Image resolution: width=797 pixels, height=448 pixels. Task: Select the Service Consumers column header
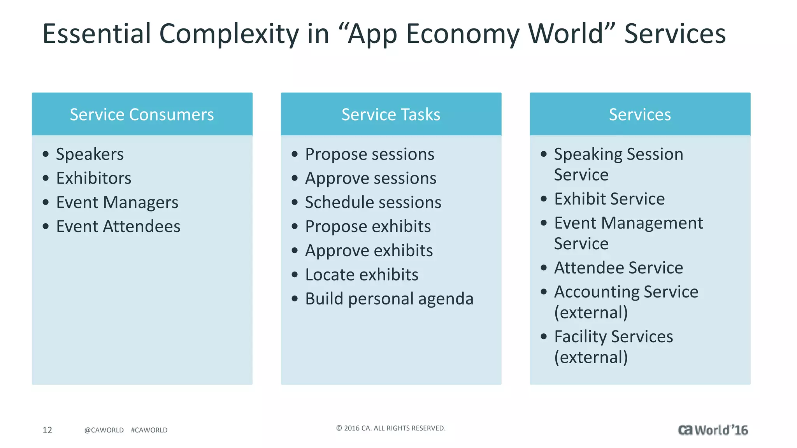click(142, 114)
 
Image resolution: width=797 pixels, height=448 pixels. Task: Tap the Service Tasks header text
click(391, 114)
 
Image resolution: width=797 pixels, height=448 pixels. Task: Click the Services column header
click(640, 114)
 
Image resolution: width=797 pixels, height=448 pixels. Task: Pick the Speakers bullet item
click(90, 154)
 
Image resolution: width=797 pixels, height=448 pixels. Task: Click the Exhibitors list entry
click(94, 178)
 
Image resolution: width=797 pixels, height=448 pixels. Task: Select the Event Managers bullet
click(117, 203)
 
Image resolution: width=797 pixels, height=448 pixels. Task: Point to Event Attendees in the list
click(118, 227)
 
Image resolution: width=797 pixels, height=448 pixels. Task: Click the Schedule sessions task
click(373, 203)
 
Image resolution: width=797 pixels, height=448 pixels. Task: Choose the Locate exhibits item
click(362, 275)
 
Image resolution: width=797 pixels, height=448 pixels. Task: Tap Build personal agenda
click(389, 299)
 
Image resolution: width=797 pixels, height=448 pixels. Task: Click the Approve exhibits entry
click(369, 251)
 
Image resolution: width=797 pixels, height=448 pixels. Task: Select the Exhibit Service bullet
click(609, 199)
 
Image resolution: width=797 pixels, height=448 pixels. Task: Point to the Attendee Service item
click(618, 268)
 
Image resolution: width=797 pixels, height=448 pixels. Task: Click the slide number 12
click(47, 430)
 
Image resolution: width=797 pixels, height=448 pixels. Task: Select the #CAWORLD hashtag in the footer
click(149, 430)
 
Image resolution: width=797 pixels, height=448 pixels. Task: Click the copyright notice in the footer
click(391, 428)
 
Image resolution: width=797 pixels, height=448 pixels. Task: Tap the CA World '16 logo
click(713, 430)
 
